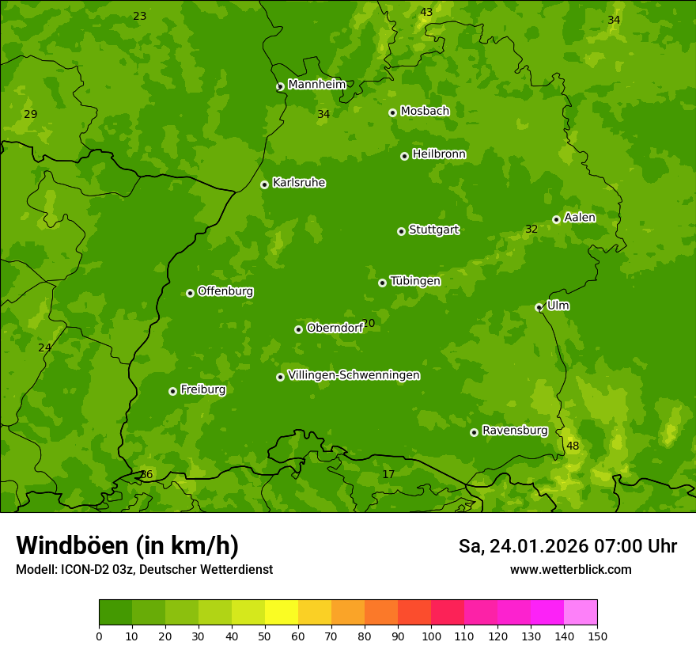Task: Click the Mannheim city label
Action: pyautogui.click(x=316, y=84)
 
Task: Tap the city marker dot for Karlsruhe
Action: pyautogui.click(x=264, y=184)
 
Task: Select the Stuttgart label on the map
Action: pyautogui.click(x=433, y=230)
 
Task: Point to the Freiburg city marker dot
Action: pyautogui.click(x=172, y=391)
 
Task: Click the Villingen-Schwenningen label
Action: pyautogui.click(x=354, y=375)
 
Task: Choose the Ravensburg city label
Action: pyautogui.click(x=514, y=431)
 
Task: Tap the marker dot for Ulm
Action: pyautogui.click(x=539, y=307)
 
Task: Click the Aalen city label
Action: pyautogui.click(x=580, y=218)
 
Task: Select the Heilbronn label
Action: pyautogui.click(x=439, y=154)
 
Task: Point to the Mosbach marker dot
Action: pyautogui.click(x=392, y=112)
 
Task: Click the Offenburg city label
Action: pyautogui.click(x=225, y=291)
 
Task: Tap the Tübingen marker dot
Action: pyautogui.click(x=382, y=283)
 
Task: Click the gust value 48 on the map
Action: pyautogui.click(x=573, y=446)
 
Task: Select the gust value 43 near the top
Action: pyautogui.click(x=426, y=12)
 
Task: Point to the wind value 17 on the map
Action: pyautogui.click(x=388, y=474)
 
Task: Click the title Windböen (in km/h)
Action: pyautogui.click(x=127, y=545)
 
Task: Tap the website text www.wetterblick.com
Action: pyautogui.click(x=570, y=569)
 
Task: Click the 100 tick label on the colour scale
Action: pyautogui.click(x=431, y=636)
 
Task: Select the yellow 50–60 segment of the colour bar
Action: pyautogui.click(x=282, y=613)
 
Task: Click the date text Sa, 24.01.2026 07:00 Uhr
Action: pyautogui.click(x=567, y=546)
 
